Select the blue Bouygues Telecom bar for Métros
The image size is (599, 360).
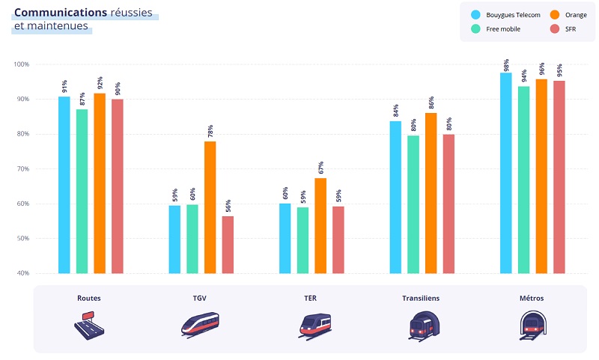[506, 173]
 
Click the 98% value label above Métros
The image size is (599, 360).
[507, 64]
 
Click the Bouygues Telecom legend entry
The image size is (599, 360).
[508, 15]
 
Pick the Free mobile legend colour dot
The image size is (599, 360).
[475, 29]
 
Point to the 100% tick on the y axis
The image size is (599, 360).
[21, 64]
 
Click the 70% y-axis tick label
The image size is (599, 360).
[22, 169]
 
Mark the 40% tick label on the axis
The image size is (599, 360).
[22, 273]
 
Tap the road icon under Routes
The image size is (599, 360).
[88, 323]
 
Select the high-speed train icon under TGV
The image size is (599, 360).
[200, 323]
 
